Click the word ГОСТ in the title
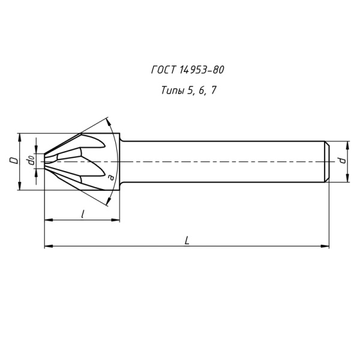click(x=164, y=70)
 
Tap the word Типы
click(x=173, y=91)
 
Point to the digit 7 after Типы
click(x=214, y=91)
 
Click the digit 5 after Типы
click(x=190, y=91)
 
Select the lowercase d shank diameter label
click(x=341, y=161)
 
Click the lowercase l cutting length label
click(x=82, y=214)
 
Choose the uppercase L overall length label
click(x=187, y=240)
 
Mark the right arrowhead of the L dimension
click(x=326, y=246)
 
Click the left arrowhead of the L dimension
click(x=48, y=246)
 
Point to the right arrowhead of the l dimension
click(x=116, y=220)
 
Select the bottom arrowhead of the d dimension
click(x=347, y=178)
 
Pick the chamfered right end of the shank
click(x=327, y=161)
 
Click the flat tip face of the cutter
click(x=44, y=161)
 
